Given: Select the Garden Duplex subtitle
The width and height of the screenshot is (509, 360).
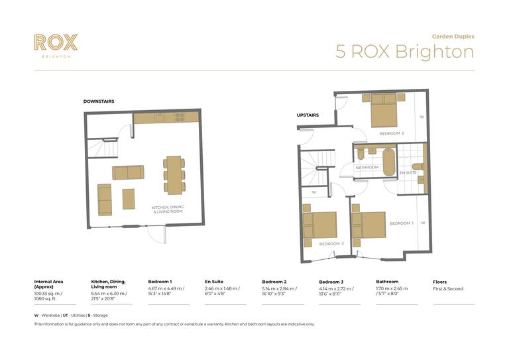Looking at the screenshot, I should coord(453,36).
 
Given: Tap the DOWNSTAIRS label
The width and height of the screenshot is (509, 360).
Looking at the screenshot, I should coord(99,101).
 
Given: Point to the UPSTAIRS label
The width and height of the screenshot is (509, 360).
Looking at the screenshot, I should coord(308,115).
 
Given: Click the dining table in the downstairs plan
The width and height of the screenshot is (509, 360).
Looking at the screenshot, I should coord(174,174).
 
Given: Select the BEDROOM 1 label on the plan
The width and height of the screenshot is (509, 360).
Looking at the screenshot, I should coord(401,223).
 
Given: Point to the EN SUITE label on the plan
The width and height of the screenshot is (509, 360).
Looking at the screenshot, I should coord(408,173).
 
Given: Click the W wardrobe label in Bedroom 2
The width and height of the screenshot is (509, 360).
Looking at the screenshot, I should coord(422,116).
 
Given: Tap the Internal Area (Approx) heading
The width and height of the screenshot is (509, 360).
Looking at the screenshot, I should coord(48,284).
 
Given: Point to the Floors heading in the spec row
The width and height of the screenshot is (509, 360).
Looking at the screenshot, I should coord(440,281).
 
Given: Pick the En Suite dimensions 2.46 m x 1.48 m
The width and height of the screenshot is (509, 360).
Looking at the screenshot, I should coord(222,289).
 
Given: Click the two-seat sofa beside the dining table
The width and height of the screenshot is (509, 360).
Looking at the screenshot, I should coord(128,172).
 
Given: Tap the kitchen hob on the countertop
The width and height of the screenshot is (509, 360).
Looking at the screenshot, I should coord(179,117).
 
